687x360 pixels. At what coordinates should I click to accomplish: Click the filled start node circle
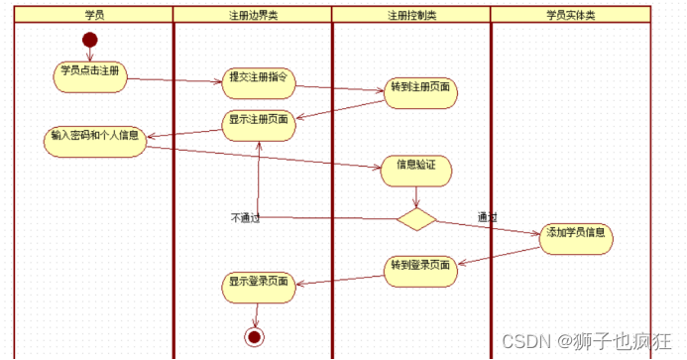point(90,40)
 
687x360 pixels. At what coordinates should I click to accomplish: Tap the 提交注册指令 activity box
point(256,78)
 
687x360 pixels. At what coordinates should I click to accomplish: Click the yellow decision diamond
point(416,219)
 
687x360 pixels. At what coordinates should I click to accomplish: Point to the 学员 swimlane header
point(94,15)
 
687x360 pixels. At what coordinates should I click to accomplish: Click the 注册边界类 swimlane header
point(253,15)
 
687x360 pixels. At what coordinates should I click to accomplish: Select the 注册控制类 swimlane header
point(411,15)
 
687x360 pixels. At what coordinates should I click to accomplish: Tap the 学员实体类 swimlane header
point(571,15)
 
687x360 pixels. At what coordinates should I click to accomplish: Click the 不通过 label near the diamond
point(244,217)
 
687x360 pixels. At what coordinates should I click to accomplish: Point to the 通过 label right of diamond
point(486,217)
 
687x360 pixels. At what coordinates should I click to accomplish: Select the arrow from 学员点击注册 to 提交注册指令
point(173,80)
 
